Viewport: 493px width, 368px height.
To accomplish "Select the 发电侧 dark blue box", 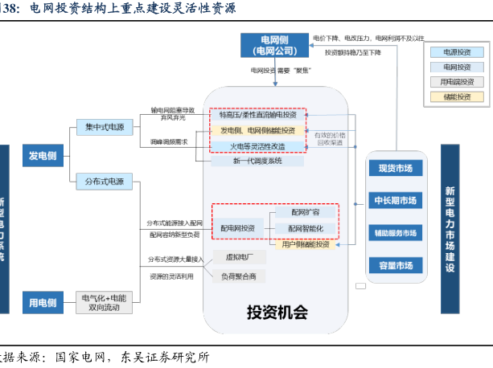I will point(42,156).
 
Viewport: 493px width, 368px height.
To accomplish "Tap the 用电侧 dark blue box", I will point(42,302).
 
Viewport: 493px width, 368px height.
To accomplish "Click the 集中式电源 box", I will point(105,127).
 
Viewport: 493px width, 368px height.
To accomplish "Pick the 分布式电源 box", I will point(105,182).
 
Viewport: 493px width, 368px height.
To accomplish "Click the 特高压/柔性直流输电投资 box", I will point(258,115).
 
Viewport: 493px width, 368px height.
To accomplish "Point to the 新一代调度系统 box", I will point(258,161).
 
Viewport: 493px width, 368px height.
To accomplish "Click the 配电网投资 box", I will point(238,228).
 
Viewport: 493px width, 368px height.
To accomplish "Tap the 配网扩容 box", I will point(305,213).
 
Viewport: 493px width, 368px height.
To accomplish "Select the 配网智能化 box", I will point(305,228).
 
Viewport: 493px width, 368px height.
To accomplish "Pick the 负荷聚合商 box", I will point(239,276).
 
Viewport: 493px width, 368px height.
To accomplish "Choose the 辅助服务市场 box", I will point(395,233).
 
